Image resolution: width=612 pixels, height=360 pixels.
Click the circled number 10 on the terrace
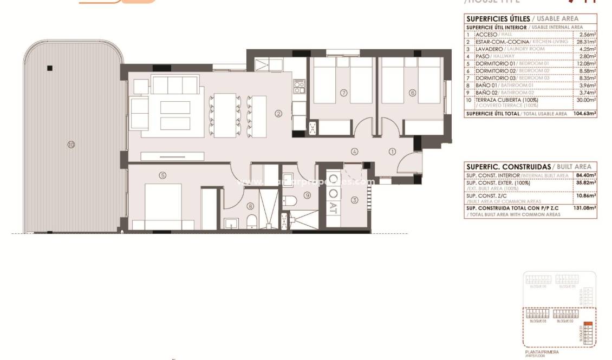(71, 144)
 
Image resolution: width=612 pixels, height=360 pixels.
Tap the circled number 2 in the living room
(278, 114)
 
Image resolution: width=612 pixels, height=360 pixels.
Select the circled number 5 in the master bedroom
(162, 175)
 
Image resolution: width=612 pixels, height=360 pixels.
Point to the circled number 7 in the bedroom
(343, 93)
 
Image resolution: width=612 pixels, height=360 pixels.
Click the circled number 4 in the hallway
(354, 152)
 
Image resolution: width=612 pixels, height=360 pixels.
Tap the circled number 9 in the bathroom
(307, 195)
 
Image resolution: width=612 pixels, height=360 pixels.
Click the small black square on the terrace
(50, 68)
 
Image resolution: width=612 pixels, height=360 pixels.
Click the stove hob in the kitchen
(299, 86)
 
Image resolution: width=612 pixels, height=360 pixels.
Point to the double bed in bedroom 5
(162, 206)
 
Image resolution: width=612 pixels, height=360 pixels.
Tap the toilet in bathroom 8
(251, 222)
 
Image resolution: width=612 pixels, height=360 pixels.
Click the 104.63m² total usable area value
(584, 114)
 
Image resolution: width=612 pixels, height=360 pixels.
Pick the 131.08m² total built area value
(585, 208)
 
